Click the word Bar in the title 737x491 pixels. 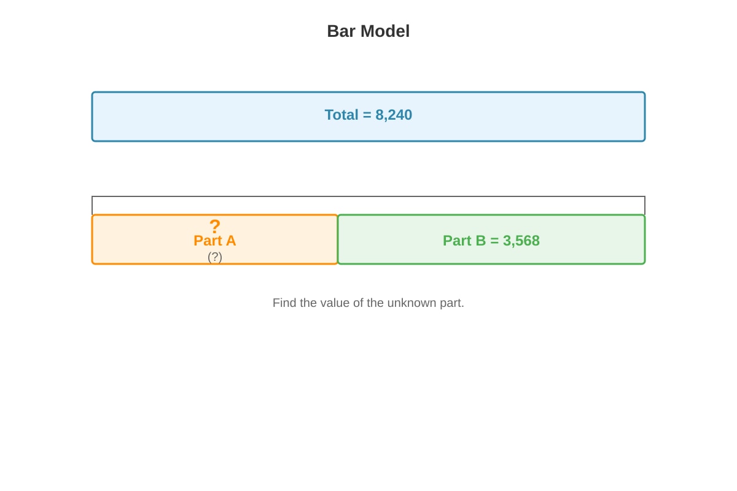[341, 31]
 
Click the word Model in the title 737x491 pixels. [385, 31]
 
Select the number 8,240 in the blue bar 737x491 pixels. [394, 115]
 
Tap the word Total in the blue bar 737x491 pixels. [341, 115]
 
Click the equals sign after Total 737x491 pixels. [367, 115]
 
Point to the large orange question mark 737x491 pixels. [215, 226]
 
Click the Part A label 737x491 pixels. [215, 241]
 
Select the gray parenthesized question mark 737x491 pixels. [215, 257]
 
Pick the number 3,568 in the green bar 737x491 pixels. [521, 241]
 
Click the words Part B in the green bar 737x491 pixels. [464, 241]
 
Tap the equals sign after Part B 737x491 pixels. [494, 241]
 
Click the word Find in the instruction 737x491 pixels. [284, 303]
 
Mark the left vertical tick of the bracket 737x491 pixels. [92, 206]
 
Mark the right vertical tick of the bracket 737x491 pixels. [645, 206]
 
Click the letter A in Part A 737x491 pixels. [231, 241]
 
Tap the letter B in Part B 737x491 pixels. [481, 241]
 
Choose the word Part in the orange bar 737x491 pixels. [208, 241]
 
